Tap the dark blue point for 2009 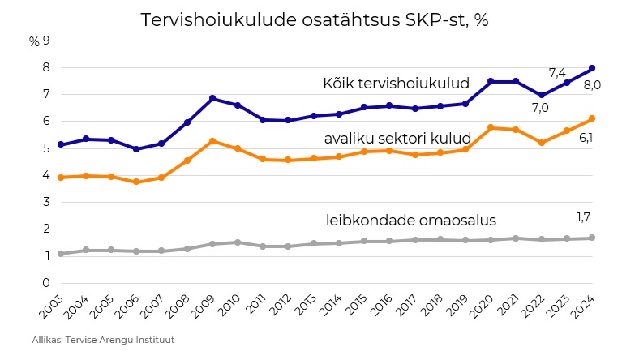coord(212,98)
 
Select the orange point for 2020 coord(491,127)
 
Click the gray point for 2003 coord(61,254)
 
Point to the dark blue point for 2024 coord(591,68)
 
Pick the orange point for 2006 coord(136,182)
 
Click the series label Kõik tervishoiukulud coord(397,83)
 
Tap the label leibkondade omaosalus coord(410,220)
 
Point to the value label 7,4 coord(557,73)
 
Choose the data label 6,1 coord(586,138)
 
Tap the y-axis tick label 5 coord(47,148)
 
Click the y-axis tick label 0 coord(47,283)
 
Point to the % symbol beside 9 coord(33,41)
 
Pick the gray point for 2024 coord(591,238)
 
